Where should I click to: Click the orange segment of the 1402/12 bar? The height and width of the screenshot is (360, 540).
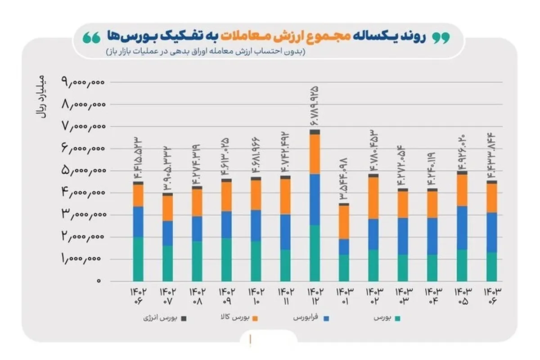(315, 154)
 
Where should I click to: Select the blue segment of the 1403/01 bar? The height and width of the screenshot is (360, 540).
(344, 247)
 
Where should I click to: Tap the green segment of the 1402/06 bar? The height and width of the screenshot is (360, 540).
(138, 259)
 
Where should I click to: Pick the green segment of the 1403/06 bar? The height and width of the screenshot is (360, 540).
(491, 266)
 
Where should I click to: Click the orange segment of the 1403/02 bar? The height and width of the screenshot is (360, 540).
(373, 198)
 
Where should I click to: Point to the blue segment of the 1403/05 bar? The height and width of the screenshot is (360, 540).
(462, 228)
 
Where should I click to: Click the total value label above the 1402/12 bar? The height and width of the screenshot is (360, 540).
(314, 106)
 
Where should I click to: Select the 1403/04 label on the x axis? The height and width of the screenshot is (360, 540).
(432, 296)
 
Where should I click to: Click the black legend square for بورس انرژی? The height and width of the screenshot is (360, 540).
(184, 319)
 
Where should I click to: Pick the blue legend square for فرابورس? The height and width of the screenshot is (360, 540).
(327, 319)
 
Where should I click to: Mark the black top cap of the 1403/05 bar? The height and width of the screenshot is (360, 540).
(462, 172)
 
